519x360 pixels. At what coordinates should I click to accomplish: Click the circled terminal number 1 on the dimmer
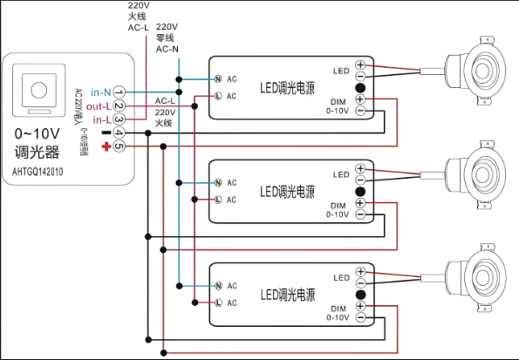point(119,92)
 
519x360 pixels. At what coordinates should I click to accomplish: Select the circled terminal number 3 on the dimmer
point(119,119)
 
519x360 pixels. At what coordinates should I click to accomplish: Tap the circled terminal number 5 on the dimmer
point(119,146)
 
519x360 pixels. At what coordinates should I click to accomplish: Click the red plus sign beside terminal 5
point(106,146)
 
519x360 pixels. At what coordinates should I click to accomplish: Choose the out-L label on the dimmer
point(97,105)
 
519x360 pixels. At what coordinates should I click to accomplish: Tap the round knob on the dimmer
point(38,90)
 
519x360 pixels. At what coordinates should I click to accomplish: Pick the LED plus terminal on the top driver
point(359,66)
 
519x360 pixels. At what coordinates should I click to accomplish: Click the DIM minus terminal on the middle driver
point(359,214)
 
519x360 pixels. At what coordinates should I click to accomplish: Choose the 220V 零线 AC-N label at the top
point(167,39)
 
